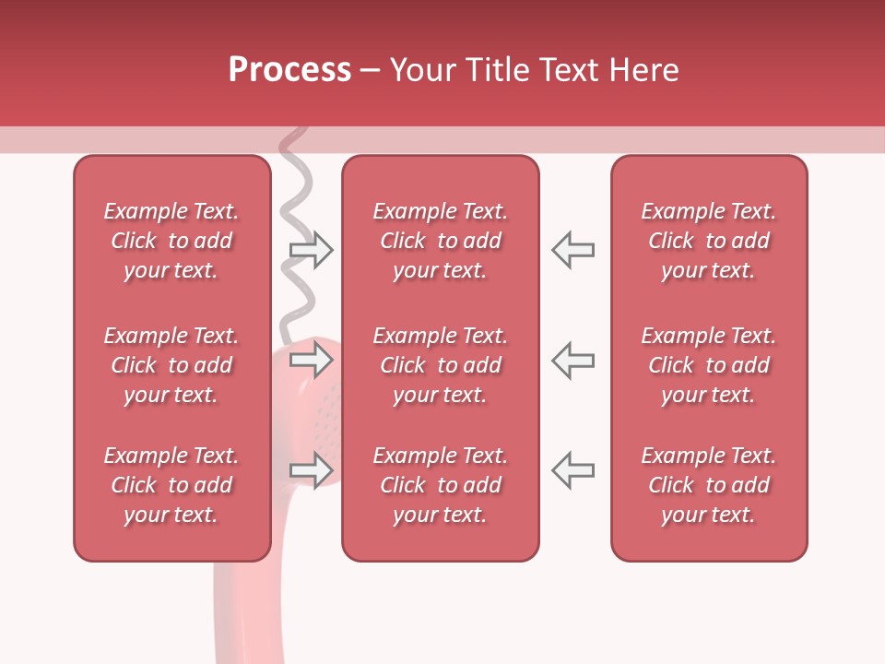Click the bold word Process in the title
click(289, 70)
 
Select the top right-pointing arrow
click(312, 250)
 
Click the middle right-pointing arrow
click(312, 360)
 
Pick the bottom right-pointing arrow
click(312, 470)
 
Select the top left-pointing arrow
click(572, 250)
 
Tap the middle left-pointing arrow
click(572, 360)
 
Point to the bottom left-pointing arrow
click(572, 470)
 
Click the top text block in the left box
click(171, 241)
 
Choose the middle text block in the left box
click(171, 365)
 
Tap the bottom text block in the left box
click(171, 485)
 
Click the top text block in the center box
click(441, 241)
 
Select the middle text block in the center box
click(441, 365)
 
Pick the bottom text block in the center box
click(441, 485)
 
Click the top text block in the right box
click(709, 241)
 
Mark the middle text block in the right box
click(709, 365)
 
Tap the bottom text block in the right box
click(709, 485)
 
